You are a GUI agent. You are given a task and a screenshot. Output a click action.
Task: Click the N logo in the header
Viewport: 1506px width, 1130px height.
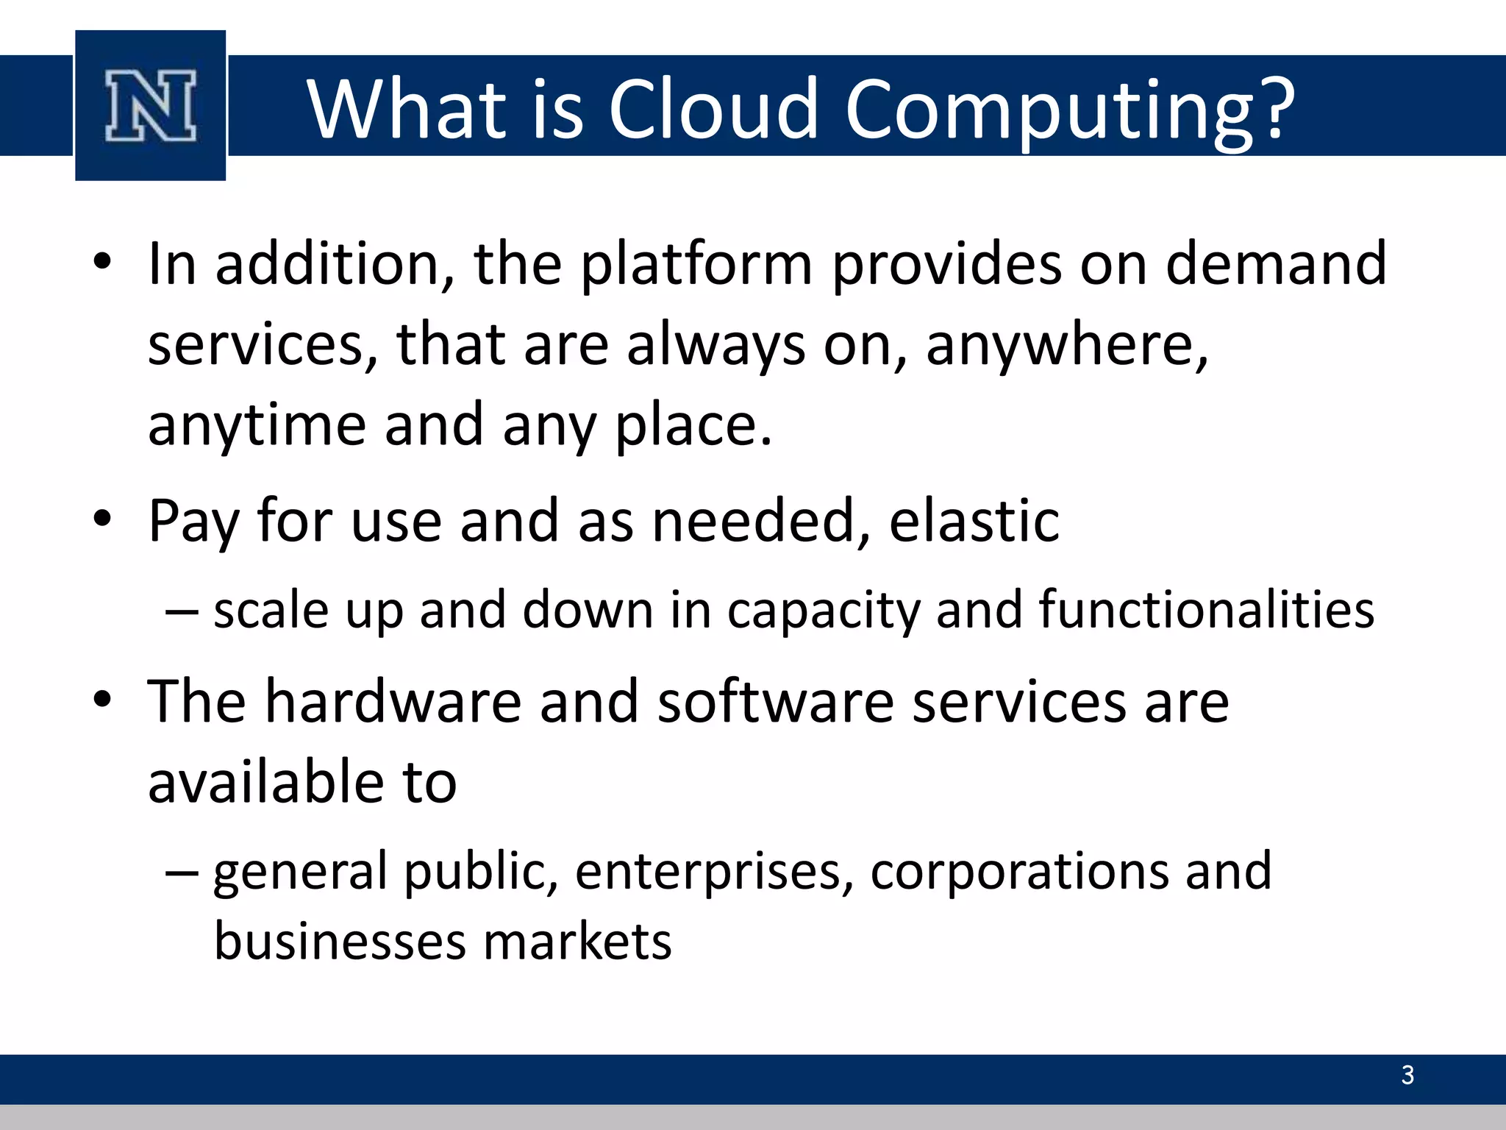point(151,106)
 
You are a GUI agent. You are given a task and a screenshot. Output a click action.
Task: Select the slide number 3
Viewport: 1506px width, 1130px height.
point(1407,1076)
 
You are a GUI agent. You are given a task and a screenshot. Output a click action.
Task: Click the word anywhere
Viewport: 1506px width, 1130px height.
point(1067,346)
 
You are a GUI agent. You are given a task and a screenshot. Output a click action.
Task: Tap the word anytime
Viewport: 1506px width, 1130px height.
point(257,426)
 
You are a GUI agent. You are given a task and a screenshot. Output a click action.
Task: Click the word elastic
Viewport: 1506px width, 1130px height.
point(974,521)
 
